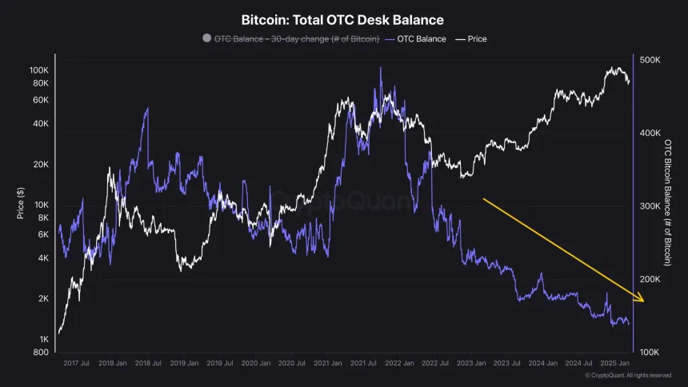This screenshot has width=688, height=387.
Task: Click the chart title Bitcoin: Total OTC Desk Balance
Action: (x=342, y=19)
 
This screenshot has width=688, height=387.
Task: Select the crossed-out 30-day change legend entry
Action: (x=291, y=38)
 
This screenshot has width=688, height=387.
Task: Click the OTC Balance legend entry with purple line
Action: (x=415, y=38)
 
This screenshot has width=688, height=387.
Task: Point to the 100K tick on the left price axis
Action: (x=38, y=70)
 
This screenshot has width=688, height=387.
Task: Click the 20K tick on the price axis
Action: (x=40, y=165)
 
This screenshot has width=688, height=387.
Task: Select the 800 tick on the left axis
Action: (x=41, y=353)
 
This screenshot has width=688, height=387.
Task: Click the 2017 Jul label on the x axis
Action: (x=77, y=363)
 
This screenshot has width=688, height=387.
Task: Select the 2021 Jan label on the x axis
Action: (x=330, y=363)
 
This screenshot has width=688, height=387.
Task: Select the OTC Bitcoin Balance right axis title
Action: (x=668, y=202)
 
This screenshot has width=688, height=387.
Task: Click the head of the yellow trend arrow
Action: (x=642, y=300)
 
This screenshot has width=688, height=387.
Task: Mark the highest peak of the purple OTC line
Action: (x=380, y=68)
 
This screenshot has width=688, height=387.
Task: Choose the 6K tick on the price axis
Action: (x=42, y=234)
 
